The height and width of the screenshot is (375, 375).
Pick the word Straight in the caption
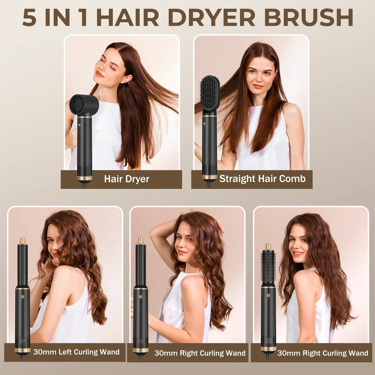pyautogui.click(x=237, y=179)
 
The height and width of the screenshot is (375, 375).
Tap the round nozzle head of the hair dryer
pyautogui.click(x=84, y=105)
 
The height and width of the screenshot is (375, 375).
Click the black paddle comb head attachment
pyautogui.click(x=210, y=93)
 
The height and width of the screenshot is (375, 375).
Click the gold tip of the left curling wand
pyautogui.click(x=23, y=241)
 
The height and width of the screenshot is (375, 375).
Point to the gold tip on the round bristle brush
pyautogui.click(x=268, y=246)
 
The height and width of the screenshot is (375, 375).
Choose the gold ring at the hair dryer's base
pyautogui.click(x=85, y=178)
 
